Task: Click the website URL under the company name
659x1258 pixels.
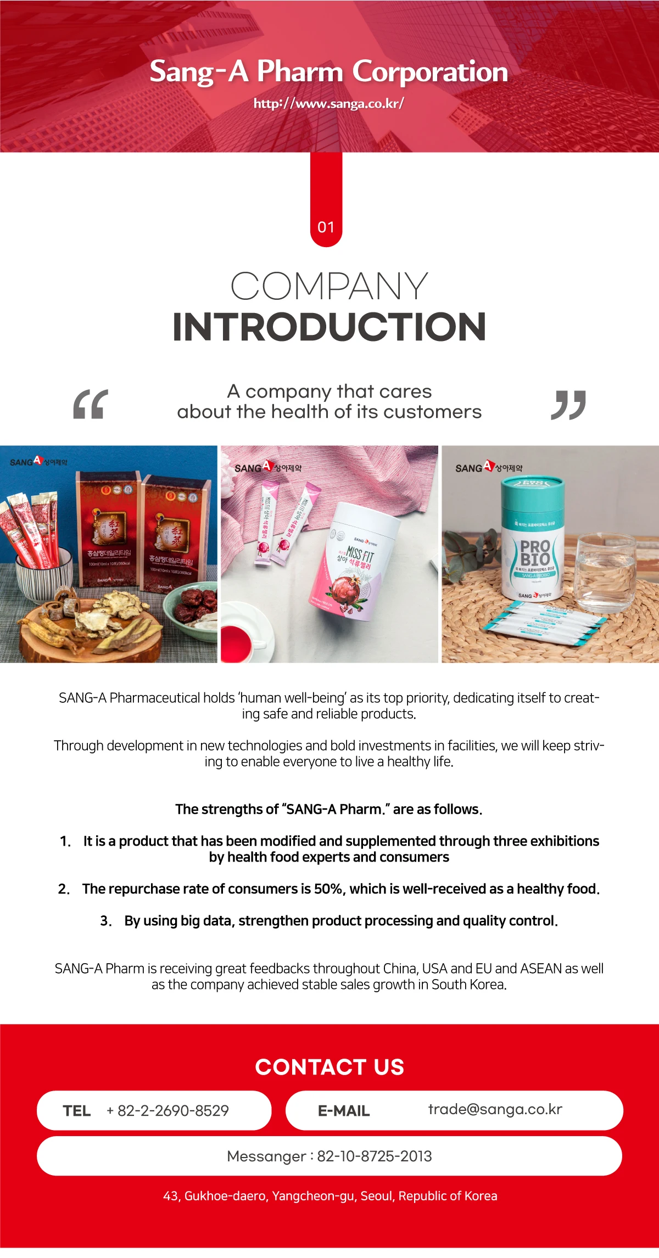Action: click(328, 103)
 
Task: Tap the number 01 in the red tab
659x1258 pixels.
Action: click(326, 227)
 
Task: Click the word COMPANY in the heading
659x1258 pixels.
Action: click(329, 286)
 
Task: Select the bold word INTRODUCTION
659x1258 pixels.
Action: click(329, 327)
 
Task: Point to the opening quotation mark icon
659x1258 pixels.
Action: click(91, 405)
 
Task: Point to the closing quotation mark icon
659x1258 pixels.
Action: click(568, 405)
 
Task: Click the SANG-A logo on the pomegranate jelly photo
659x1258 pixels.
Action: click(267, 467)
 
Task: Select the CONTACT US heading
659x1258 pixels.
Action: click(329, 1067)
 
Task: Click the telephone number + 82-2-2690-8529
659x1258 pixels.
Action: click(167, 1111)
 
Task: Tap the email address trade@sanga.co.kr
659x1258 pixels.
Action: click(495, 1110)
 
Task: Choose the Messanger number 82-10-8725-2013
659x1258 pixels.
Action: click(375, 1156)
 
